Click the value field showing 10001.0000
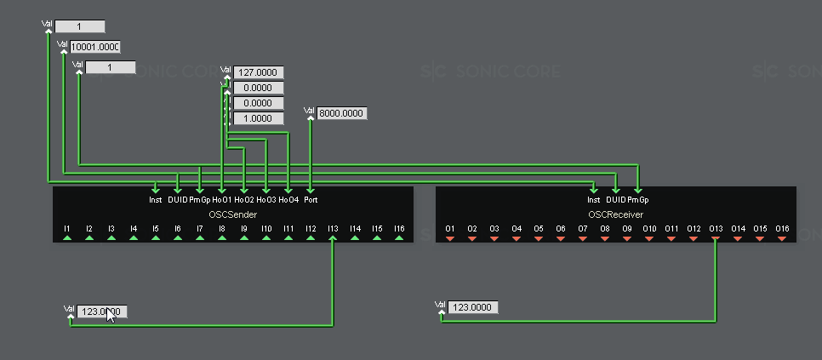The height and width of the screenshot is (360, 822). [94, 47]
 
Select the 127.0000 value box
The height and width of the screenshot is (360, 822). [258, 72]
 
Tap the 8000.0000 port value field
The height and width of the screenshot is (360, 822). [342, 113]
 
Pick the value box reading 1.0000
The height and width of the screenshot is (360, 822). [258, 118]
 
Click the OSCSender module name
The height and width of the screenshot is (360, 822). [232, 214]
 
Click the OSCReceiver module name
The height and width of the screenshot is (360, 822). [615, 214]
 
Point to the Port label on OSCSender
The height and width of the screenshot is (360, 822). [311, 200]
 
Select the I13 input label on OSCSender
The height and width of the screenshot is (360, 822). [332, 228]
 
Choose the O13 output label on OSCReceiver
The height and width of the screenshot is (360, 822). [715, 228]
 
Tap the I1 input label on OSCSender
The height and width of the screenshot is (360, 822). [66, 228]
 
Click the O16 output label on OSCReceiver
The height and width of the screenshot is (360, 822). [782, 228]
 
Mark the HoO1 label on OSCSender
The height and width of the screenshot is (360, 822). [221, 200]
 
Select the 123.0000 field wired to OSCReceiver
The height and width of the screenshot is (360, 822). [472, 307]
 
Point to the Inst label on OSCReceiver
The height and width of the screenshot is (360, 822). [594, 200]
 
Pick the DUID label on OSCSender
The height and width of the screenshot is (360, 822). [177, 200]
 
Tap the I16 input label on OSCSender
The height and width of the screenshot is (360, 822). [399, 228]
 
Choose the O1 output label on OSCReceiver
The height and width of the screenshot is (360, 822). [449, 228]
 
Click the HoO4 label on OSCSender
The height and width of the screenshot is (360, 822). [288, 200]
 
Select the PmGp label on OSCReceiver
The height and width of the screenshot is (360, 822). [638, 200]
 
